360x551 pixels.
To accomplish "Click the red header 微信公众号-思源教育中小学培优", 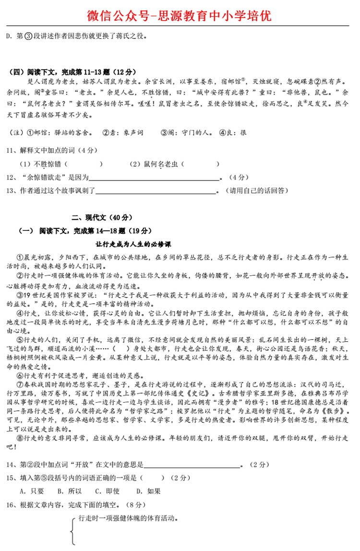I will coord(180,15).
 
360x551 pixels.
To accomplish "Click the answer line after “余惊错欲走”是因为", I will coord(155,177).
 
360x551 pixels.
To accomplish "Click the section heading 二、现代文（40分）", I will coord(102,217).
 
